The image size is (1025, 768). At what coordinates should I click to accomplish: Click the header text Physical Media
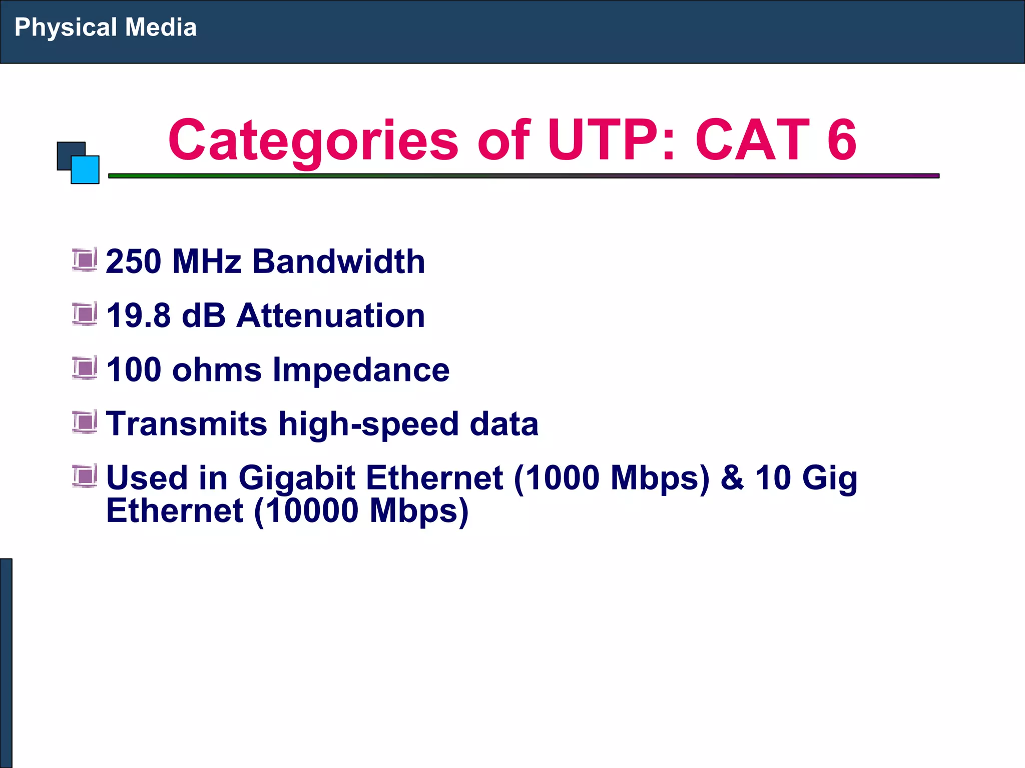tap(105, 27)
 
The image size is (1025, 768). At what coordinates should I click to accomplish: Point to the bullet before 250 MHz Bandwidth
tap(84, 259)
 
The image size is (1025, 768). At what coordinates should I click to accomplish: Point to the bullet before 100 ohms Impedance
tap(84, 368)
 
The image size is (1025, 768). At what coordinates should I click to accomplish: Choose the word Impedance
tap(361, 369)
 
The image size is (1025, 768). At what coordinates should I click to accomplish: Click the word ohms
tap(216, 369)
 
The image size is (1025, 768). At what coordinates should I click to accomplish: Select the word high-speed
tap(368, 424)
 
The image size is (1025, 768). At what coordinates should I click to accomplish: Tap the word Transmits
tap(187, 424)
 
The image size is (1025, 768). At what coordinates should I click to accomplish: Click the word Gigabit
tap(297, 477)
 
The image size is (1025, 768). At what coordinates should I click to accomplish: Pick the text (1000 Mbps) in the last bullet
tap(612, 477)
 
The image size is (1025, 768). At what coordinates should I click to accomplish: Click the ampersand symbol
tap(732, 477)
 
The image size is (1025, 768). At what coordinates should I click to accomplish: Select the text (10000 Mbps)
tap(361, 510)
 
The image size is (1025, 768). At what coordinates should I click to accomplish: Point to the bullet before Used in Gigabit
tap(84, 475)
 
